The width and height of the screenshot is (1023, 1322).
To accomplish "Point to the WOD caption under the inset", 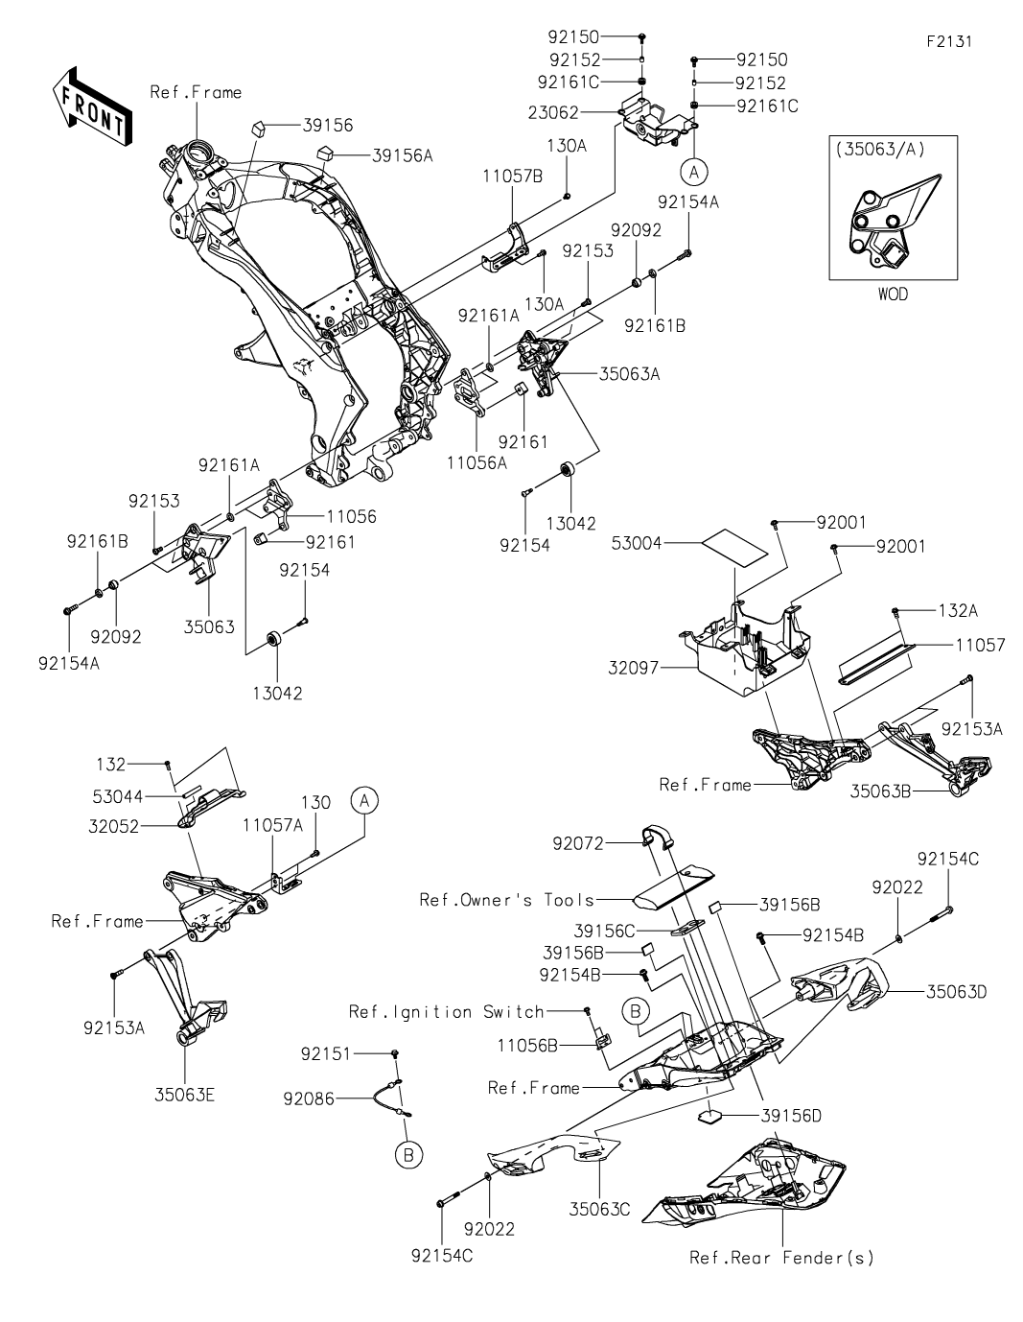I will (x=892, y=295).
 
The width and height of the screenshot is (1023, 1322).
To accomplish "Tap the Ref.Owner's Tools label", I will (x=507, y=900).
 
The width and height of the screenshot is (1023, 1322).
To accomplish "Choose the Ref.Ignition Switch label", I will (x=447, y=1011).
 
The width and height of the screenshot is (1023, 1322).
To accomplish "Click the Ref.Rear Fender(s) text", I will (x=781, y=1258).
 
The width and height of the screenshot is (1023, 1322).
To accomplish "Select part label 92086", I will (x=307, y=1099).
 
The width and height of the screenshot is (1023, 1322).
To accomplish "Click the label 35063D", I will (x=957, y=991).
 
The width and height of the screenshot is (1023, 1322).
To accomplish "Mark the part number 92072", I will (x=579, y=844).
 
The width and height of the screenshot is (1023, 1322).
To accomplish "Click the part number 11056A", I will (x=477, y=462).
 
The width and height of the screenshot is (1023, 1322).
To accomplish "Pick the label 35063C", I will (x=599, y=1208).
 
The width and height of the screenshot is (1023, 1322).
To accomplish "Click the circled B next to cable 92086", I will (x=408, y=1156).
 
